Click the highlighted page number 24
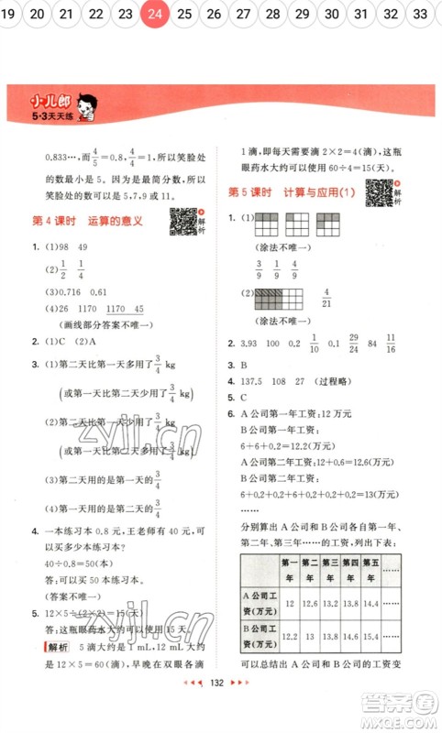pos(155,14)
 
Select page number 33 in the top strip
pos(421,14)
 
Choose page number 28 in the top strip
pos(272,14)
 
